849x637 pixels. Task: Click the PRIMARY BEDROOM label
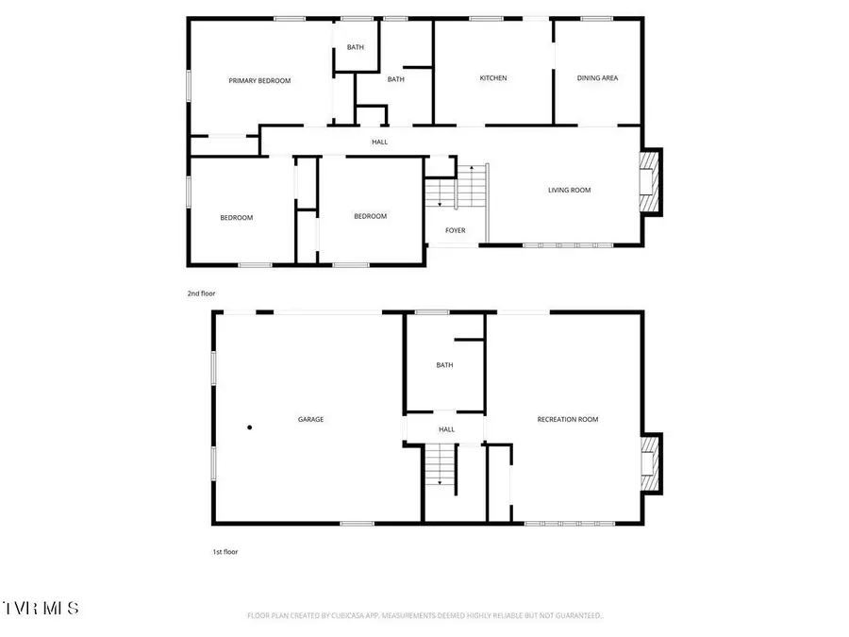coord(259,81)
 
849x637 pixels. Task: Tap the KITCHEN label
coord(493,78)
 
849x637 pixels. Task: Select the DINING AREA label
coord(597,78)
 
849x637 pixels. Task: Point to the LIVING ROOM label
coord(569,190)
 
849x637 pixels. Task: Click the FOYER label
coord(456,230)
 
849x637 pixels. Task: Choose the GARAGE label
coord(311,419)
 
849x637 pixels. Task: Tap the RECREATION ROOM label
coord(568,419)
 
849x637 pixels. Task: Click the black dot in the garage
coord(250,427)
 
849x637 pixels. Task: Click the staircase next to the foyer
coord(456,186)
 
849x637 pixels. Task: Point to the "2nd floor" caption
coord(201,293)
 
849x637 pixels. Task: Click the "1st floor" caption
coord(225,551)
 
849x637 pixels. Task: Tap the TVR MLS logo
coord(42,607)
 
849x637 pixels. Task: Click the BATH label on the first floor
coord(444,365)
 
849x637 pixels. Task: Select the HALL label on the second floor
coord(379,142)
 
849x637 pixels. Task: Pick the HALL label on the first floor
coord(446,429)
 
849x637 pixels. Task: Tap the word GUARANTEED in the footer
coord(574,615)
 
